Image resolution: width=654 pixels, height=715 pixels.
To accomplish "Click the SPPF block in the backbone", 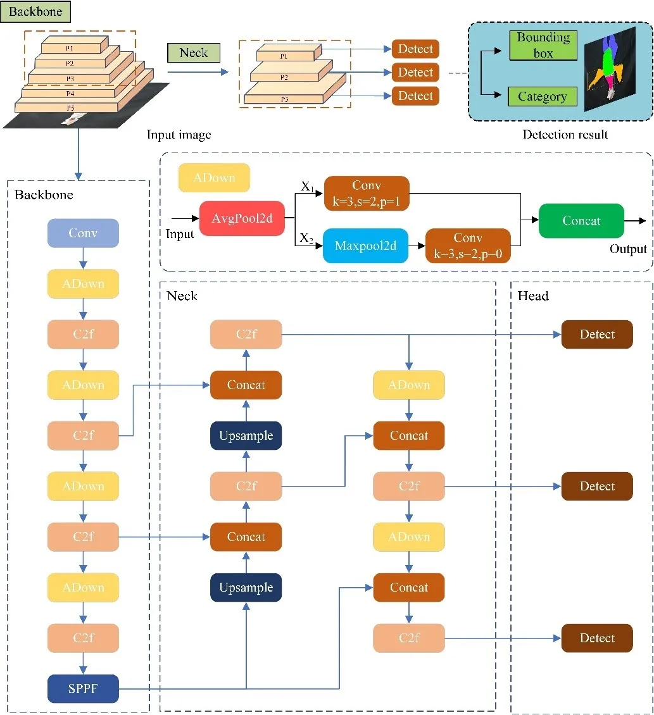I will coord(83,689).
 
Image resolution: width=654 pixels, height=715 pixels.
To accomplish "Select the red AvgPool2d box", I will coord(241,219).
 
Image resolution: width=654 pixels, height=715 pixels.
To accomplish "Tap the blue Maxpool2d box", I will coord(366,246).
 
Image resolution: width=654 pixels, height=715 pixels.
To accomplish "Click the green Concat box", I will coord(581,221).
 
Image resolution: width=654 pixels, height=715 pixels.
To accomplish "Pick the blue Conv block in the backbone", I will coord(83,233).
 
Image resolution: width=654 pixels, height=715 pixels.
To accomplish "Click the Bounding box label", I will coord(543,46).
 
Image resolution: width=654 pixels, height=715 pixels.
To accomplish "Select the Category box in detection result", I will coord(542,97).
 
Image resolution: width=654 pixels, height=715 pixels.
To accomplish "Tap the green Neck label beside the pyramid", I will coord(194,53).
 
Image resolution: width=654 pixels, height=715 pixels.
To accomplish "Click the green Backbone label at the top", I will coord(35,12).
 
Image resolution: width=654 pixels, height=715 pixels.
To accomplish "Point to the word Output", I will coord(628,249).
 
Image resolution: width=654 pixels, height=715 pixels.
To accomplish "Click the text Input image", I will coord(179,135).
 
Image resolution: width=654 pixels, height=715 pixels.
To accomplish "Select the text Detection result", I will coord(565,135).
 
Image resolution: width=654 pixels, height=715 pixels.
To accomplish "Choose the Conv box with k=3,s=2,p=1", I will coord(367,193).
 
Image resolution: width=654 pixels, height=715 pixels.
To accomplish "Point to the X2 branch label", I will coord(306,238).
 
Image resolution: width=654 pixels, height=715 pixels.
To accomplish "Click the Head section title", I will coord(533,295).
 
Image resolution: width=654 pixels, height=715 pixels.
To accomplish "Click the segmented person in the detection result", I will coord(608,66).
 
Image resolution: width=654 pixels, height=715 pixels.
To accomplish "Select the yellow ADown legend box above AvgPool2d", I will coord(214,178).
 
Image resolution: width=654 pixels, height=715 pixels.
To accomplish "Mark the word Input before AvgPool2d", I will coord(180,234).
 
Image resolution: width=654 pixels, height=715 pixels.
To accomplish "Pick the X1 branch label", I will coord(306,187).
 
